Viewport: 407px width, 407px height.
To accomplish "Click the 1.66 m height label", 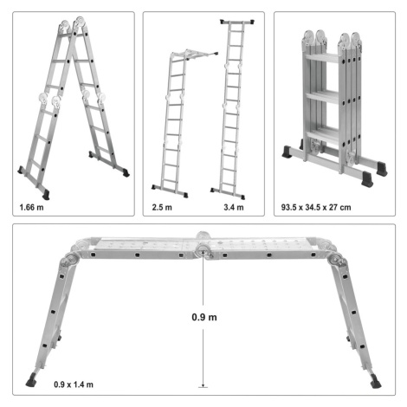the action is tap(31, 207).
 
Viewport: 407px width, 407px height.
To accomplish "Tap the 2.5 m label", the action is tap(162, 207).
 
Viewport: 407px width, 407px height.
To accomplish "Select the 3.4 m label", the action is tap(234, 207).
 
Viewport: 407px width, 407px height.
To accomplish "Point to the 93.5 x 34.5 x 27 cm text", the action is tap(316, 207).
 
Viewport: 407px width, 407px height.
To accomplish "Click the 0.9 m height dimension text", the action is tap(204, 317).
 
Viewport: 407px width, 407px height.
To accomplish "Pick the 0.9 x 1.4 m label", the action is tap(74, 384).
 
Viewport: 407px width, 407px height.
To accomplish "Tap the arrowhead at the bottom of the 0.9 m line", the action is tap(203, 384).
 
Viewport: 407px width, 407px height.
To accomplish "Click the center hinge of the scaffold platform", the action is tap(203, 249).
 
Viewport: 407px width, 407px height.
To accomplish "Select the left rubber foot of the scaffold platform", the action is tap(31, 380).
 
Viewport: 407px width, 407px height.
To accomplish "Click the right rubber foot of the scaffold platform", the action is tap(376, 381).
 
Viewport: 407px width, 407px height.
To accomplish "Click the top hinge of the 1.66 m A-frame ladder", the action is tap(73, 24).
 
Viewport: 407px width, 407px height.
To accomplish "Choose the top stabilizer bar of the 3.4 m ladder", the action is tap(237, 22).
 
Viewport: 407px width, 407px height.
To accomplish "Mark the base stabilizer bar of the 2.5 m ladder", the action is tap(170, 191).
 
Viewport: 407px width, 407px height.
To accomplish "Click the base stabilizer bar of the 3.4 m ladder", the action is tap(228, 194).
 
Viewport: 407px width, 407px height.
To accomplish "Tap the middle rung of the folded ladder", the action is tap(322, 97).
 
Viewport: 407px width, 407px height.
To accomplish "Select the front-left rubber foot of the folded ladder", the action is tap(287, 151).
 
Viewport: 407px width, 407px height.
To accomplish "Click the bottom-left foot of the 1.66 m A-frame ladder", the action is tap(46, 195).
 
